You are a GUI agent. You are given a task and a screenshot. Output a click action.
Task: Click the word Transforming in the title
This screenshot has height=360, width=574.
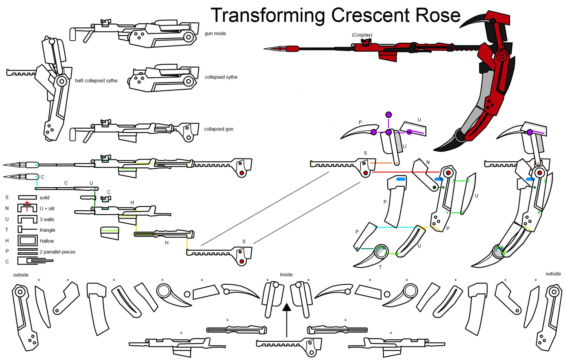tap(268, 16)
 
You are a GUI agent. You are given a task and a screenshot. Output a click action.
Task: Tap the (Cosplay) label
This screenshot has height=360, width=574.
tap(362, 35)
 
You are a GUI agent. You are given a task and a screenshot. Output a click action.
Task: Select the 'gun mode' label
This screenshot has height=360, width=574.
tap(215, 33)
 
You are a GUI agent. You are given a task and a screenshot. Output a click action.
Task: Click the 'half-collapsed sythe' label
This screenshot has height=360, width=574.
tap(96, 81)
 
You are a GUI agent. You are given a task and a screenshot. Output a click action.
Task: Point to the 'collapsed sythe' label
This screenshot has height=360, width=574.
tap(221, 77)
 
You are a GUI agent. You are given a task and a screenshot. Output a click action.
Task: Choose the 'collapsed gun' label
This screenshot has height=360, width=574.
tap(219, 129)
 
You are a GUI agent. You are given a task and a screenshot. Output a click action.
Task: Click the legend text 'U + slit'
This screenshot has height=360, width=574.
tap(47, 209)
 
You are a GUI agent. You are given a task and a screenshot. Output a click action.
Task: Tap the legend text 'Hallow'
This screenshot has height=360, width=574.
tap(47, 241)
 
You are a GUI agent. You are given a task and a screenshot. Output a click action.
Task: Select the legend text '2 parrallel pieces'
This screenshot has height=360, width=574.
tap(57, 252)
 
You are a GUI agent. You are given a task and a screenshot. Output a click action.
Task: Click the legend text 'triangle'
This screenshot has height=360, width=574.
tap(47, 230)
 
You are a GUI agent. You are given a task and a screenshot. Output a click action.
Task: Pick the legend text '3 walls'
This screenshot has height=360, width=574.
tap(47, 219)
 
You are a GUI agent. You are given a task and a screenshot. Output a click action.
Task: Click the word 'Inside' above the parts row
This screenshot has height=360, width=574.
tap(286, 275)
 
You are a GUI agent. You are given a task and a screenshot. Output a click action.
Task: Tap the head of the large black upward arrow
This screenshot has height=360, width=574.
tap(287, 308)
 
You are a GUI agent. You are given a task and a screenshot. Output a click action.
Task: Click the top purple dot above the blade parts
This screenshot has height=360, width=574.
tap(388, 115)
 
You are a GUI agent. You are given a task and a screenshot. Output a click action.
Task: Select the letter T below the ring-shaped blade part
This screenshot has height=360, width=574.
tap(380, 267)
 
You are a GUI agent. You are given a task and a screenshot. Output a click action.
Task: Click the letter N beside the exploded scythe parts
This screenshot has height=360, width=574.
tap(428, 162)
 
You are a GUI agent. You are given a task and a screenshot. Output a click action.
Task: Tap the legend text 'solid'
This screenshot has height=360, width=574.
tap(45, 198)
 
